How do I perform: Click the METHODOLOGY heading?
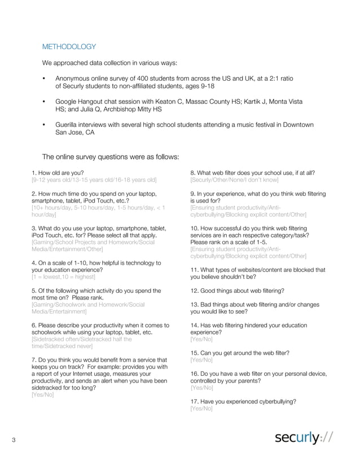(69, 47)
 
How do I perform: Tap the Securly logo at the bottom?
(304, 438)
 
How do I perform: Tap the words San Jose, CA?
(74, 133)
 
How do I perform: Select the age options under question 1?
(94, 179)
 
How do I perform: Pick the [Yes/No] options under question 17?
(201, 408)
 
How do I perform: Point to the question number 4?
(34, 263)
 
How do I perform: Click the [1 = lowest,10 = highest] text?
(63, 277)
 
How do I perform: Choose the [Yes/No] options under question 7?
(43, 395)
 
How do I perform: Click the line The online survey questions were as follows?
(111, 156)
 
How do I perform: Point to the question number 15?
(194, 353)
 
